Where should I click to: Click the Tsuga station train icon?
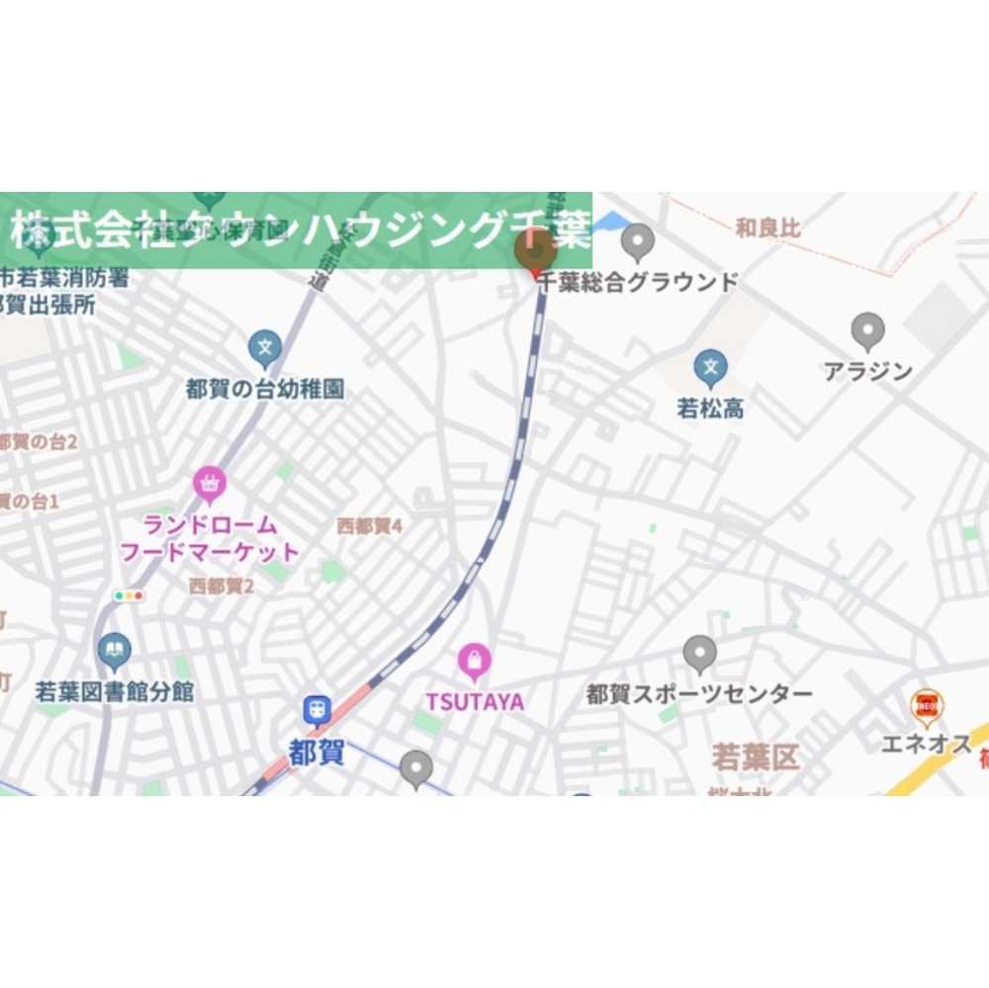tap(317, 710)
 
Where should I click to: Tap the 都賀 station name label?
tap(317, 753)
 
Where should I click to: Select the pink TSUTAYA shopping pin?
tap(475, 661)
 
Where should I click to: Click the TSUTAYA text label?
tap(475, 701)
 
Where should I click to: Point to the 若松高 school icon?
tap(709, 368)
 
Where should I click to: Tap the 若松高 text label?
tap(710, 408)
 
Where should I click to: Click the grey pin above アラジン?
tap(867, 330)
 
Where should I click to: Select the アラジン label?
tap(867, 372)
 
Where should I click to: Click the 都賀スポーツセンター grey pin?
tap(699, 653)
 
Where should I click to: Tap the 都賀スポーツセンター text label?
tap(699, 694)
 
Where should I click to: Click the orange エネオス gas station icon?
tap(927, 705)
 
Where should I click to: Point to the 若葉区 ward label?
tap(756, 759)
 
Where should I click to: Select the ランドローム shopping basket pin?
tap(210, 484)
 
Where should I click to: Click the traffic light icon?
tap(129, 596)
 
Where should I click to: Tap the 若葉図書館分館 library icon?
tap(116, 650)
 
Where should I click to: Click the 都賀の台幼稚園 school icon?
tap(264, 347)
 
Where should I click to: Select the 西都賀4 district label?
tap(370, 526)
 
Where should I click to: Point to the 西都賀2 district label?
tap(222, 586)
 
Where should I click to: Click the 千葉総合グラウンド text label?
tap(638, 282)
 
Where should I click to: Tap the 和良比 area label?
tap(767, 229)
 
